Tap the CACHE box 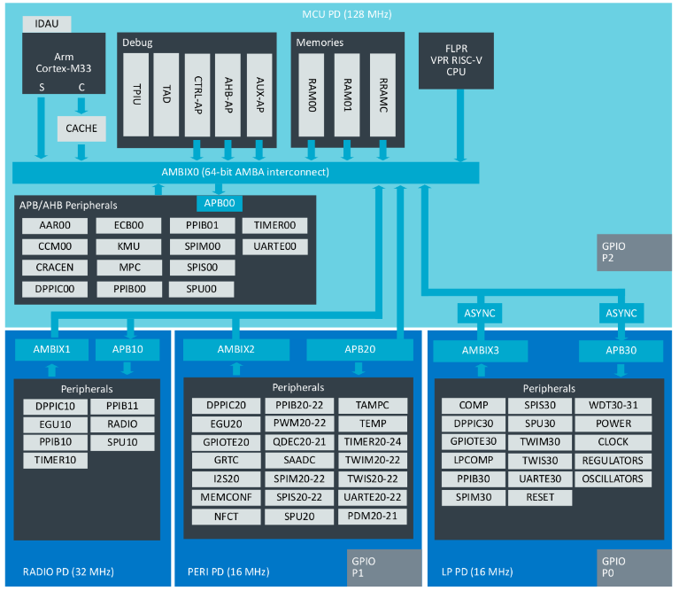pos(81,128)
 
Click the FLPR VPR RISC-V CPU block pos(456,59)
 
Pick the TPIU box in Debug pos(136,93)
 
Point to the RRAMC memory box pos(382,93)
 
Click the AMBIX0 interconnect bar pos(245,172)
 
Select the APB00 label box pos(219,204)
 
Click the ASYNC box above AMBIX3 pos(480,314)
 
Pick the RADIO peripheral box pos(121,424)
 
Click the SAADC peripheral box pos(299,461)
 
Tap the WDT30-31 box pos(613,405)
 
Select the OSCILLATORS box pos(613,479)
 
